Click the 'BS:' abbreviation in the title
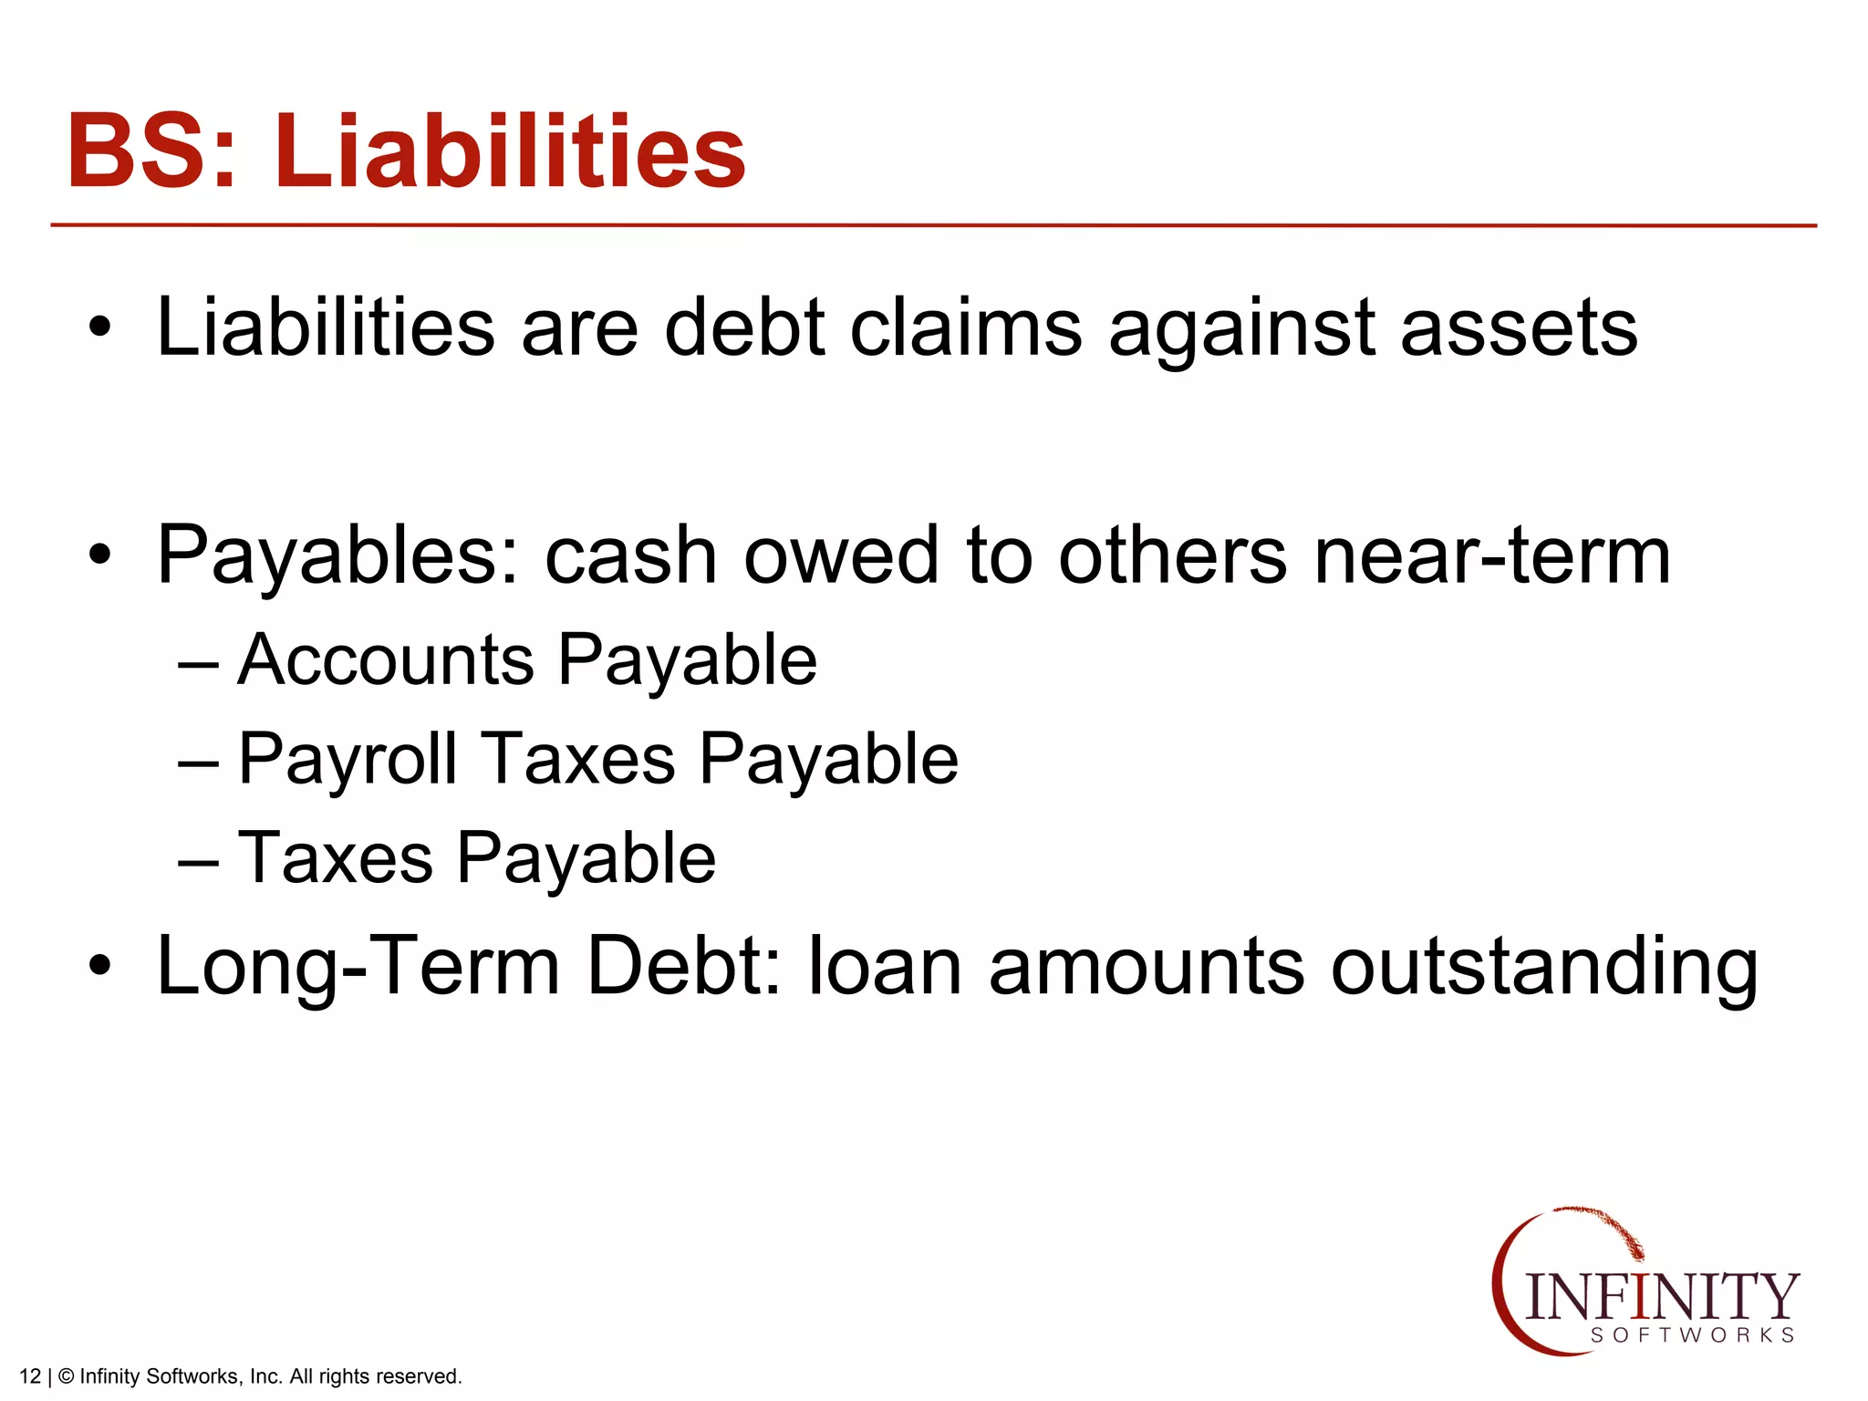coord(151,151)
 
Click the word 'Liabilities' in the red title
coord(510,151)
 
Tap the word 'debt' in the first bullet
coord(744,327)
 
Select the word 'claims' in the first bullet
coord(966,327)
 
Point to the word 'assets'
coord(1518,327)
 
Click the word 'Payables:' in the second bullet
coord(338,556)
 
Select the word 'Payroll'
coord(348,759)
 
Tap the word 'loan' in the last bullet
coord(884,967)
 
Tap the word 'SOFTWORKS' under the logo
coord(1693,1335)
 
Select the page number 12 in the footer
coord(30,1376)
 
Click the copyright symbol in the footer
coord(66,1376)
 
